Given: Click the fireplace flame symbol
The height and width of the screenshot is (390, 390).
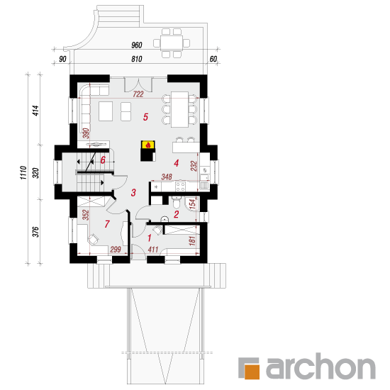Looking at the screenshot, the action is tap(148, 145).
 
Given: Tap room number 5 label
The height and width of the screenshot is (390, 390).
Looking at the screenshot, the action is tap(145, 117).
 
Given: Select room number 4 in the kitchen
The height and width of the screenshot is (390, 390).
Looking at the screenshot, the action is tap(177, 163).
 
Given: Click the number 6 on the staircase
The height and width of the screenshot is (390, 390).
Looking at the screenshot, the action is tap(103, 160).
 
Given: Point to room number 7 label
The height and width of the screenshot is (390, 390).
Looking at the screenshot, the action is tap(107, 224).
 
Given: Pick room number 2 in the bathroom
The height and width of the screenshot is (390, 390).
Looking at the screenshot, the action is tap(177, 214).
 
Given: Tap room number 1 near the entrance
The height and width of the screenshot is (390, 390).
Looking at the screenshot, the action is tap(149, 238).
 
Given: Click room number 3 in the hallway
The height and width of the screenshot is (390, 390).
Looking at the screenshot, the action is tap(133, 192).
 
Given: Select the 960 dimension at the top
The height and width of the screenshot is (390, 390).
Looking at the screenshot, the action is tap(137, 45).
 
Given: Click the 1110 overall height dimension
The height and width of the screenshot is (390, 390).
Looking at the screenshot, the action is tap(23, 172).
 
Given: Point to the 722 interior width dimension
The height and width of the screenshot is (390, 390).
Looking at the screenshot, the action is tap(138, 94).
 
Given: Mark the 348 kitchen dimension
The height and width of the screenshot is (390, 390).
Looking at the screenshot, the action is tap(167, 177).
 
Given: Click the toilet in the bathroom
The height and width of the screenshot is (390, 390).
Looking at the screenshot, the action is tap(176, 203).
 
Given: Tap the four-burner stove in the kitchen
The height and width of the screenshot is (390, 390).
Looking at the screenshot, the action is tap(180, 186).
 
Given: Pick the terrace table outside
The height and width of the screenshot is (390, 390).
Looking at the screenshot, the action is tap(172, 43).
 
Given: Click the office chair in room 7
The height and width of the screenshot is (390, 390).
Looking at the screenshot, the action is tap(93, 239).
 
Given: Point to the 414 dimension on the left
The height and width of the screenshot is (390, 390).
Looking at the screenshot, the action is tap(36, 111).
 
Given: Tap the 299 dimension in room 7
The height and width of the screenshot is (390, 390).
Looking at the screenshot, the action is tap(116, 249).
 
